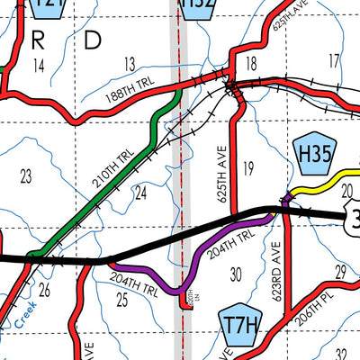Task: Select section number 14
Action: (38, 66)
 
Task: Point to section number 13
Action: (129, 63)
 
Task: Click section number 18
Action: (251, 63)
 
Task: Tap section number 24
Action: (140, 192)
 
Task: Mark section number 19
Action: (249, 166)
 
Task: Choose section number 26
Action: (45, 290)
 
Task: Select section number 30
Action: (237, 274)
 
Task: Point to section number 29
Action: (341, 271)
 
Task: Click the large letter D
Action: (93, 40)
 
